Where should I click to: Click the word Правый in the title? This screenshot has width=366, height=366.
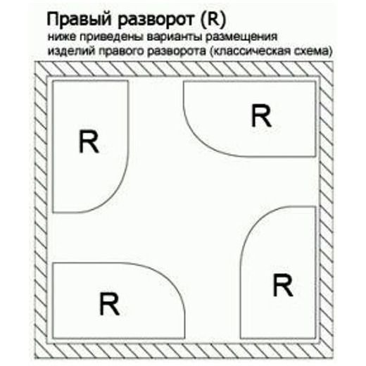[x=79, y=20]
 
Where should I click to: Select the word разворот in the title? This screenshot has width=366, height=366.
[x=156, y=20]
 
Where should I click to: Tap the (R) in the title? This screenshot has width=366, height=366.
[x=213, y=19]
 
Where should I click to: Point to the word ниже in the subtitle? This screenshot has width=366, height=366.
[x=61, y=37]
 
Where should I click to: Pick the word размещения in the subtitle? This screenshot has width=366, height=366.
[x=241, y=37]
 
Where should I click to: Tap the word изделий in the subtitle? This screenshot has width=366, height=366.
[x=71, y=51]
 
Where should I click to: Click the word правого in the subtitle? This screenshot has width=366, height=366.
[x=121, y=51]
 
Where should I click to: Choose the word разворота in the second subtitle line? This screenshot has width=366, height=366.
[x=176, y=51]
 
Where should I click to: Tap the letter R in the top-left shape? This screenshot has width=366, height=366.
[x=89, y=141]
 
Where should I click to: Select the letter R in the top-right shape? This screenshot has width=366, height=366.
[x=261, y=115]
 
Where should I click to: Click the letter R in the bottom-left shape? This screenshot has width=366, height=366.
[x=109, y=304]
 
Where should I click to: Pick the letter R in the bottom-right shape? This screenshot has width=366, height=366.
[x=283, y=285]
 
